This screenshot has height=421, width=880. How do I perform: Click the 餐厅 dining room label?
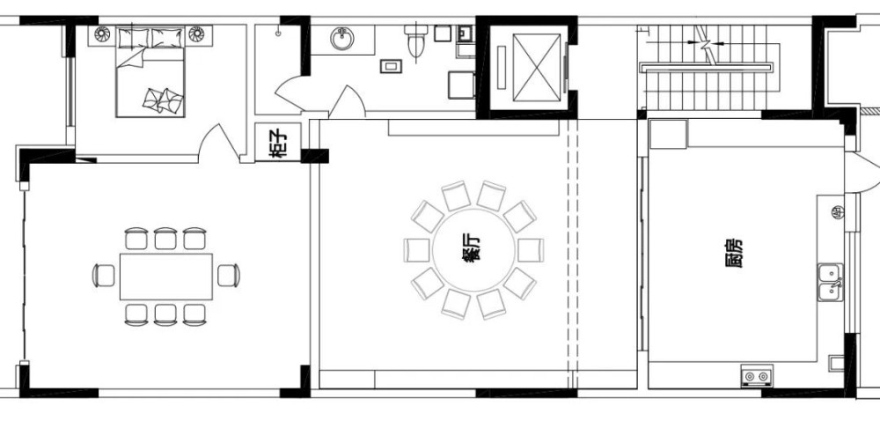[473, 250]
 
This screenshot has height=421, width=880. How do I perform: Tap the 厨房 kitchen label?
[733, 253]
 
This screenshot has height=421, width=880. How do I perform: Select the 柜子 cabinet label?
[277, 143]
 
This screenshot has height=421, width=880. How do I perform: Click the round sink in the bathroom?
[342, 39]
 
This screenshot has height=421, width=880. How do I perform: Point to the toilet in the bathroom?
[417, 41]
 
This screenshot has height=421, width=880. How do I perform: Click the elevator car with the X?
[537, 68]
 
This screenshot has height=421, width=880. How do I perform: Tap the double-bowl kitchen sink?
[830, 283]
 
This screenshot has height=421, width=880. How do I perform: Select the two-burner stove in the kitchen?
[757, 375]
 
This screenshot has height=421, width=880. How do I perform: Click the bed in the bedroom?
[150, 72]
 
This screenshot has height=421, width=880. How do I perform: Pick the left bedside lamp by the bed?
[102, 34]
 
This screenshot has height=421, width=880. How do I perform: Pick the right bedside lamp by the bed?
[196, 34]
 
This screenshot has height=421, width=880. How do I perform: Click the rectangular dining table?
[166, 277]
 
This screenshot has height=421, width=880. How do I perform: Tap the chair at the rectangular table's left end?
[104, 276]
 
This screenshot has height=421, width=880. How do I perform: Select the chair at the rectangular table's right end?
[229, 276]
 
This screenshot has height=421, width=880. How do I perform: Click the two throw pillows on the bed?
[163, 100]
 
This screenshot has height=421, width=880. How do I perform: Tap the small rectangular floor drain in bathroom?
[391, 66]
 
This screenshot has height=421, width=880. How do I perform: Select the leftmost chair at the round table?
[417, 250]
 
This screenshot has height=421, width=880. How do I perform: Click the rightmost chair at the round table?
[531, 250]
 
